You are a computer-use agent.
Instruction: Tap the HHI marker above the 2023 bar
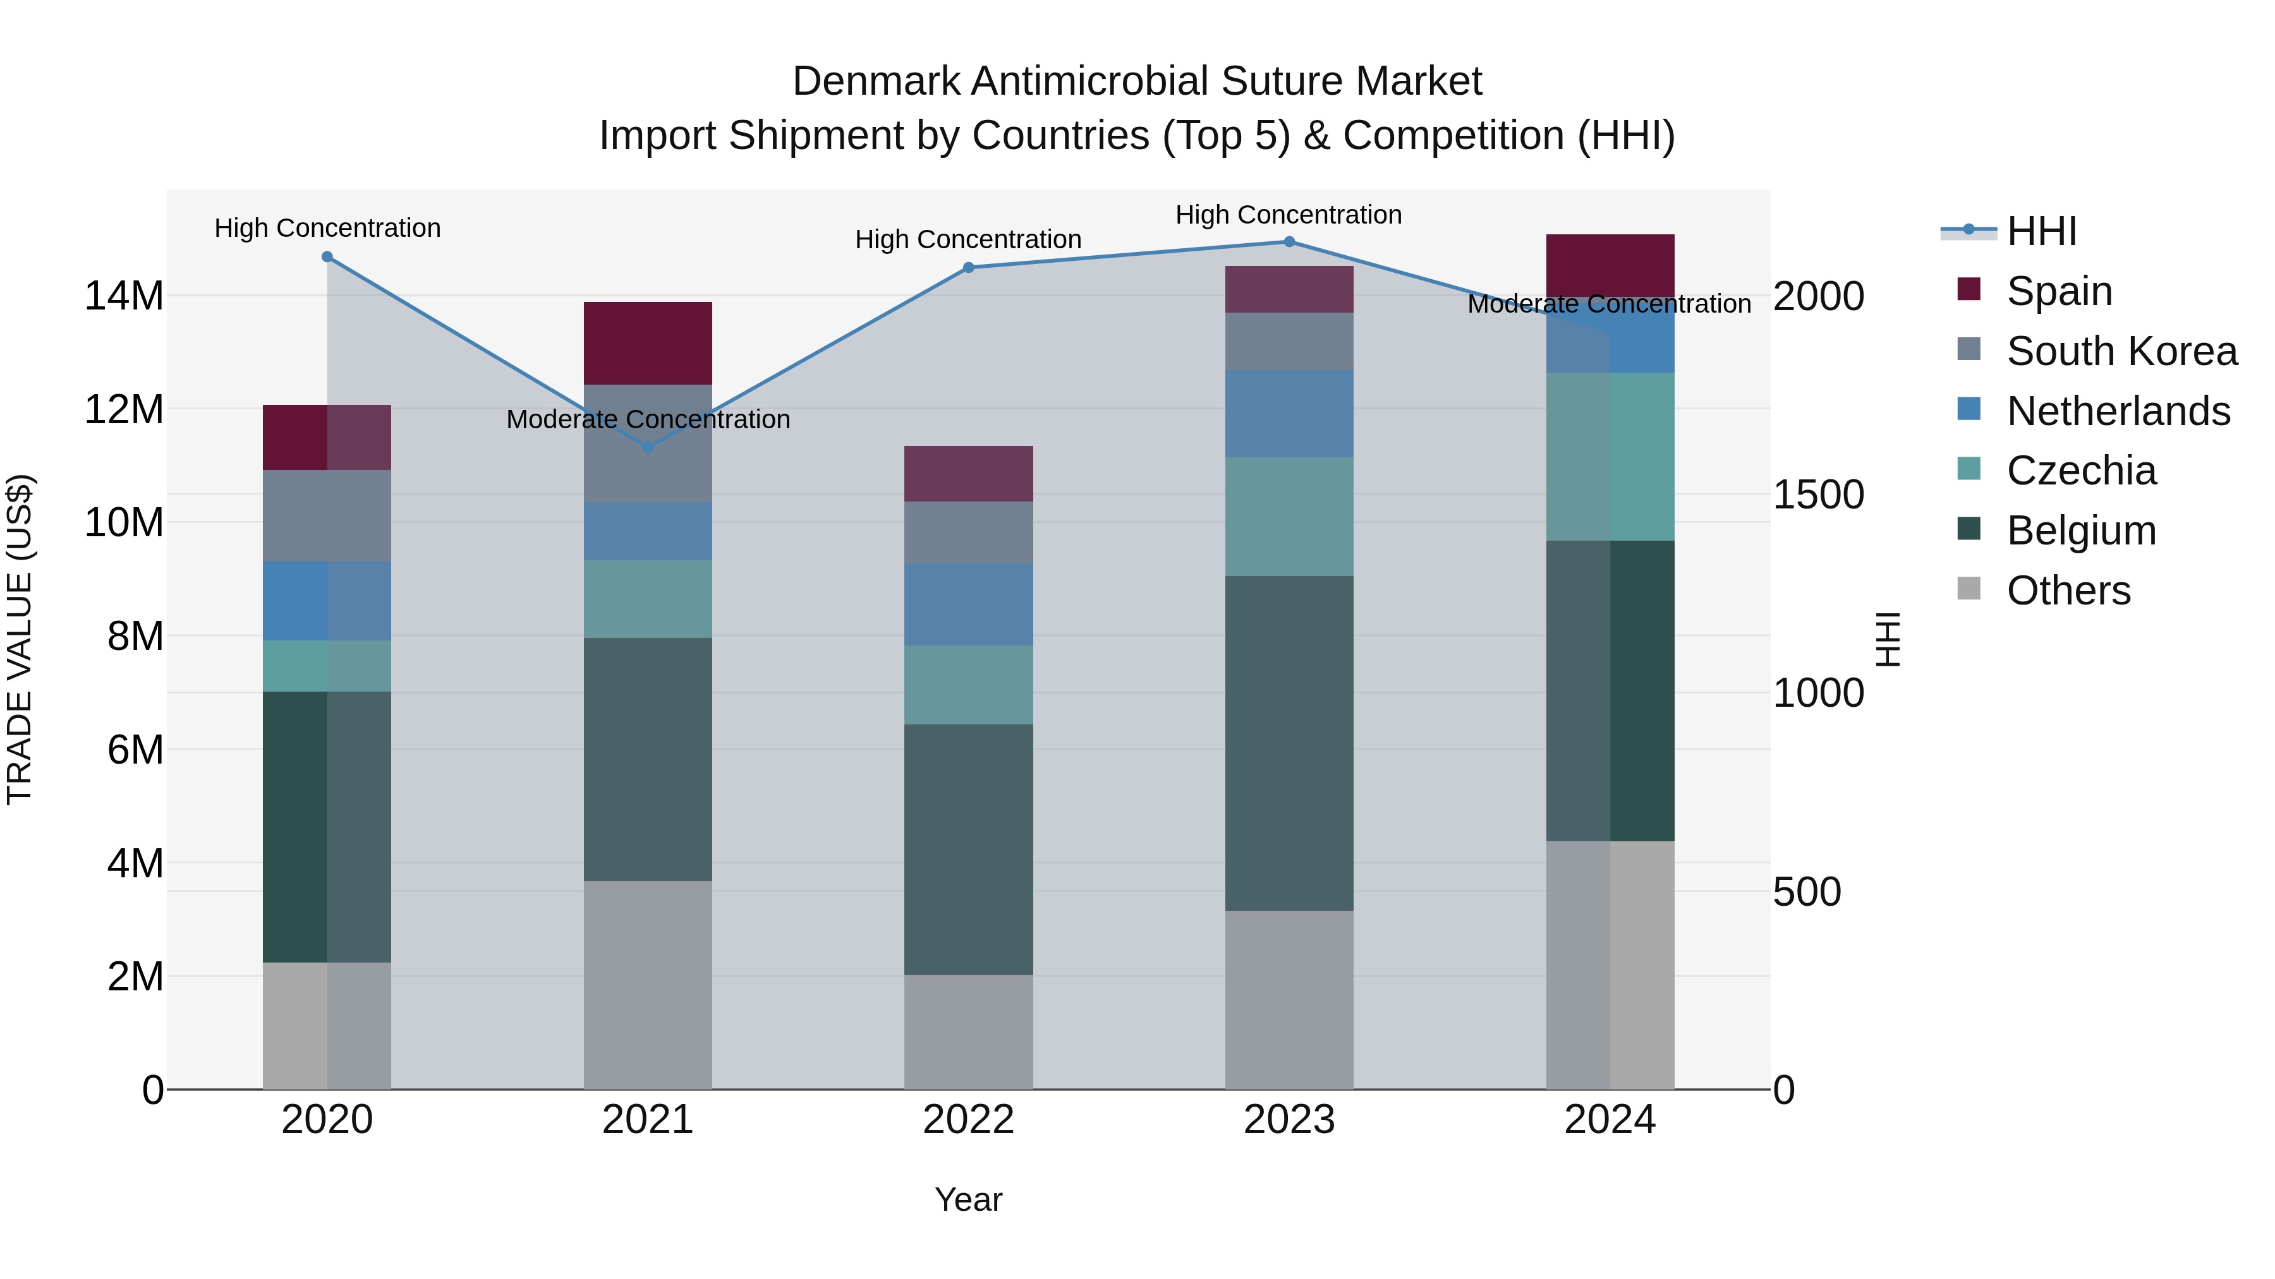pos(1289,242)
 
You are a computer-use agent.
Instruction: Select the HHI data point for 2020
pos(327,257)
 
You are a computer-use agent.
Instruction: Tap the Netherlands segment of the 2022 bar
pos(968,604)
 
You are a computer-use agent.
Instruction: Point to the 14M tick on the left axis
pos(124,296)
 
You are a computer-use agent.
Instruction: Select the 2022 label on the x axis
pos(968,1120)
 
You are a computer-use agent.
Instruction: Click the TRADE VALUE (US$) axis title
pos(20,639)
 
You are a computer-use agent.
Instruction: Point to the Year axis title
pos(968,1199)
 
